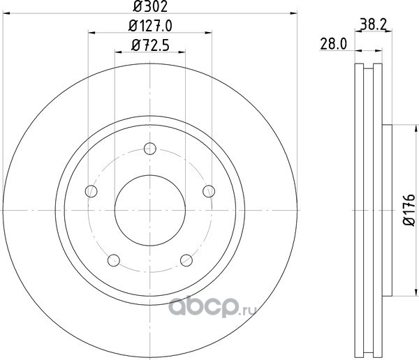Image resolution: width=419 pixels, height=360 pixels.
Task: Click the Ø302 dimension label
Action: point(150,6)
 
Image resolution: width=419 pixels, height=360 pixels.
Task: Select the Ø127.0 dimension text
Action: point(150,26)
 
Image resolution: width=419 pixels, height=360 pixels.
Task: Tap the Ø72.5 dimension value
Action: point(150,45)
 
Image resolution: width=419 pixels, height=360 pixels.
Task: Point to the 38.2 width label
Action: point(374,25)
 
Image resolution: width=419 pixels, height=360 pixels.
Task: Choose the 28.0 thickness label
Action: point(333,44)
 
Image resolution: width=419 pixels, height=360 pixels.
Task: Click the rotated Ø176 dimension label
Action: point(409,210)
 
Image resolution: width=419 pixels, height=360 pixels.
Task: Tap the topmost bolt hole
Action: point(150,149)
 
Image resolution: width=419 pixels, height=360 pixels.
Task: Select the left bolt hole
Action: point(91,191)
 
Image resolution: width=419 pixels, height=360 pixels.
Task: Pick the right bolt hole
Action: point(209,191)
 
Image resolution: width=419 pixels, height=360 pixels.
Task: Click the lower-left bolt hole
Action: point(114,260)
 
